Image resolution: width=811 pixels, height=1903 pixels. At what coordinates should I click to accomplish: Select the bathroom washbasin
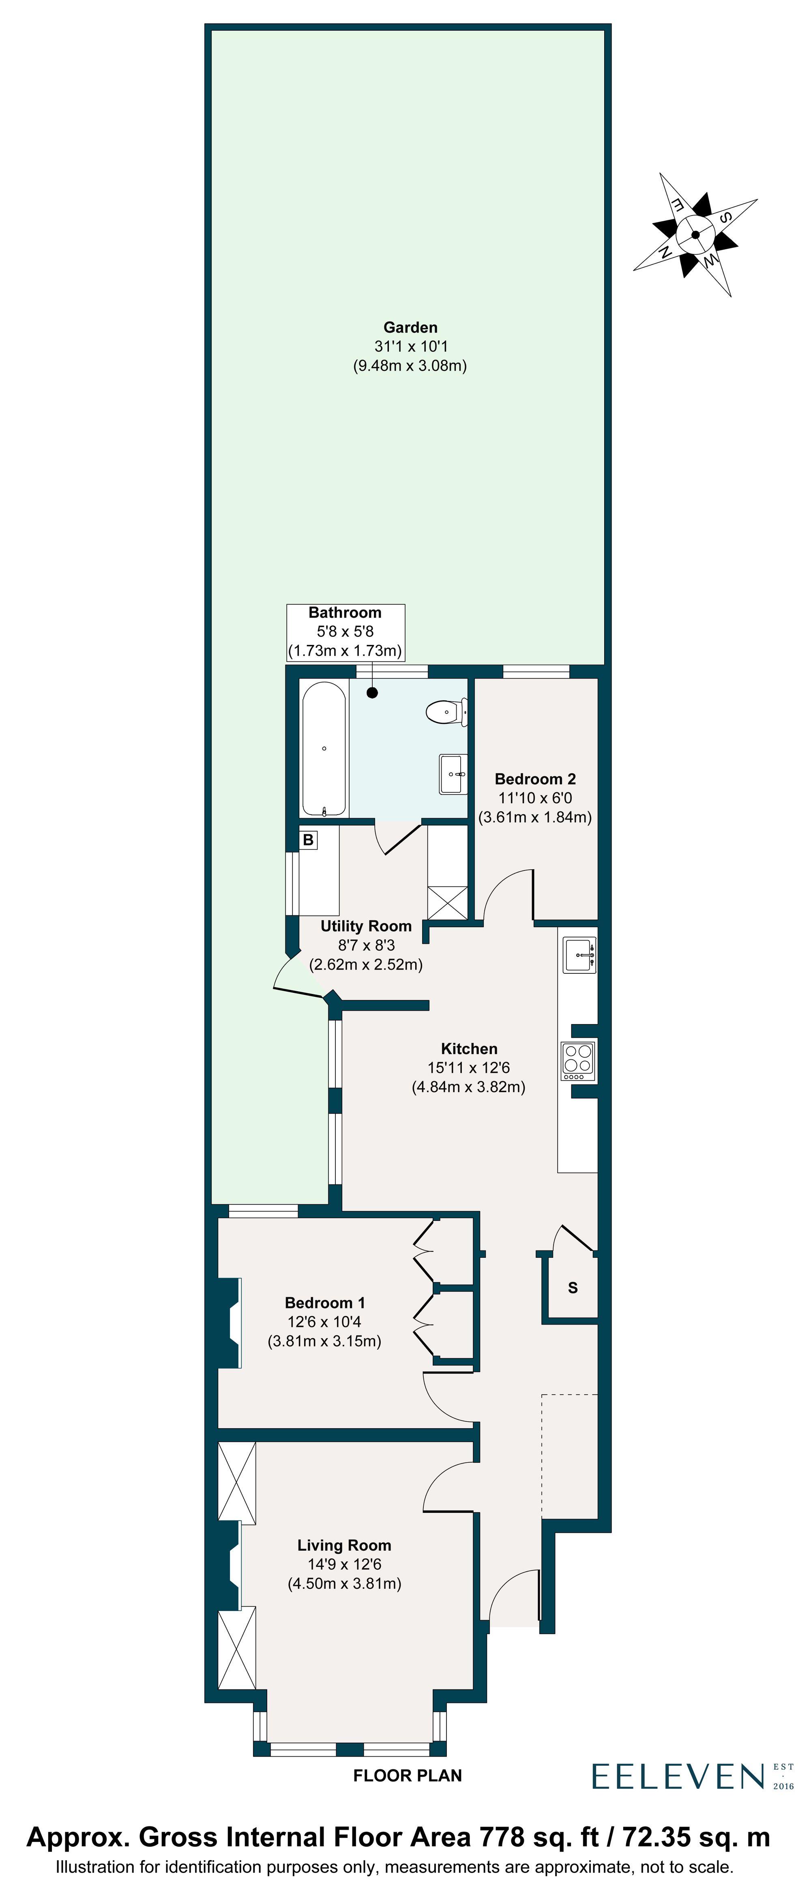click(x=453, y=773)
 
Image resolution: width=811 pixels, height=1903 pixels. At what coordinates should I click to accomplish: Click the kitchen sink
click(x=579, y=955)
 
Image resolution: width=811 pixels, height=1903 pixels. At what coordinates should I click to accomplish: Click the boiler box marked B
click(x=308, y=840)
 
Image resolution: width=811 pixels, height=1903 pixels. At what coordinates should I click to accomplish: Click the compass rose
click(x=695, y=235)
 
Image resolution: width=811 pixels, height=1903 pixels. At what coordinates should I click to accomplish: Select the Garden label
click(x=410, y=327)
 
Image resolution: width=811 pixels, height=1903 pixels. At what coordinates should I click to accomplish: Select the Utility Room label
click(x=366, y=926)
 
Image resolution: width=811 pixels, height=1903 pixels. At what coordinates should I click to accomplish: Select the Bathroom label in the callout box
click(x=345, y=612)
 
